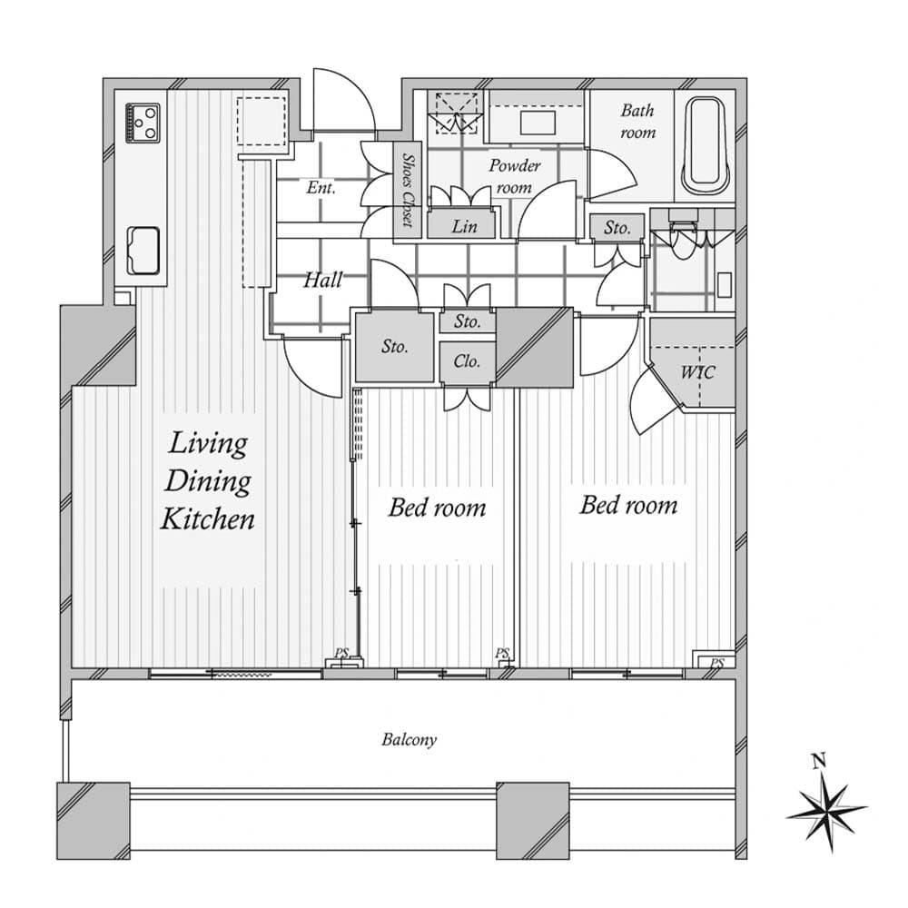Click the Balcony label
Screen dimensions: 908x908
(x=409, y=739)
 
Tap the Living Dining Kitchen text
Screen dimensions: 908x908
(x=207, y=481)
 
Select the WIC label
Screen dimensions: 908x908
(x=697, y=372)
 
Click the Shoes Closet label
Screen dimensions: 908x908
(x=408, y=190)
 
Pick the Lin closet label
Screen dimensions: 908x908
(x=463, y=226)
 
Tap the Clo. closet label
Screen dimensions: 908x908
(x=467, y=361)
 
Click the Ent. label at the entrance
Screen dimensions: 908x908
(x=321, y=189)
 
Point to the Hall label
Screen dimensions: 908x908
(x=322, y=280)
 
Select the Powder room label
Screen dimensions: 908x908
(x=514, y=176)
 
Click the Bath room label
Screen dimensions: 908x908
(x=637, y=121)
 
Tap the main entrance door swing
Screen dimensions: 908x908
(x=343, y=102)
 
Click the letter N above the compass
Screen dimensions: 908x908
(x=819, y=760)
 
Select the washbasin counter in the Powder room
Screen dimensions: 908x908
(x=536, y=121)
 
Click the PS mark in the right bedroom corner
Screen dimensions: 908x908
(x=716, y=663)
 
